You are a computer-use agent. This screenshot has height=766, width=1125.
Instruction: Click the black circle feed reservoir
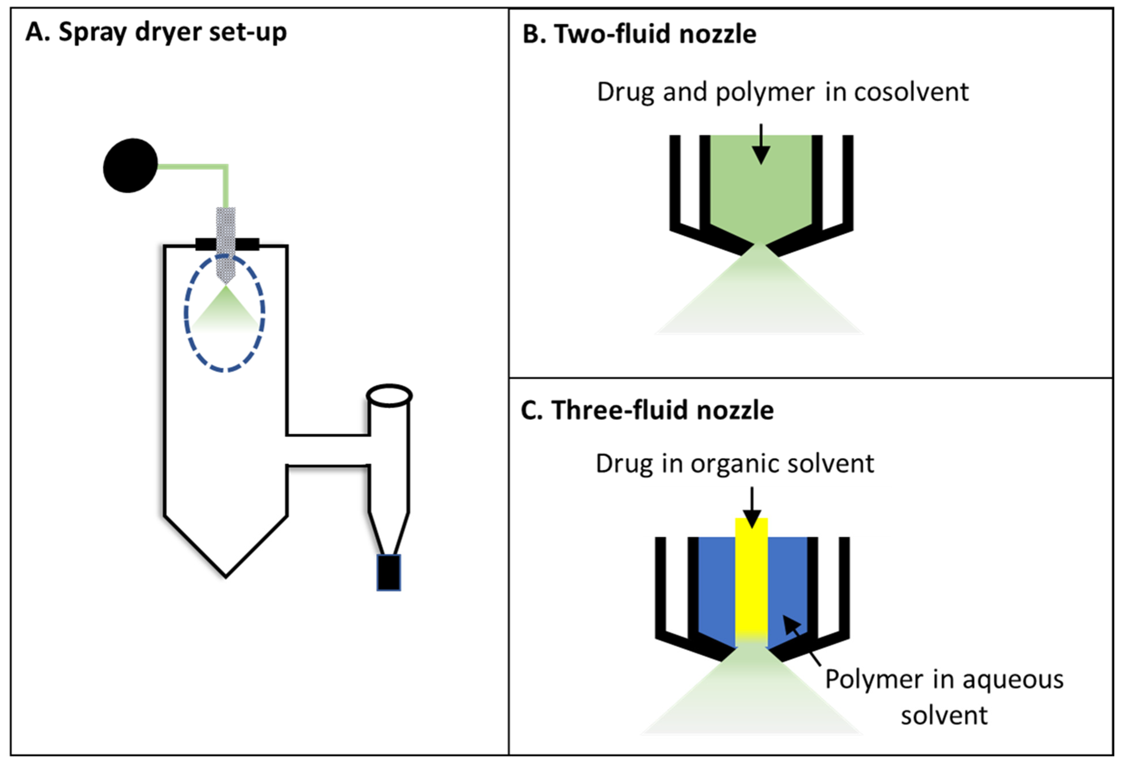point(130,165)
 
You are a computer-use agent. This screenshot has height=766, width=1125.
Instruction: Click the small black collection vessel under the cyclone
point(389,572)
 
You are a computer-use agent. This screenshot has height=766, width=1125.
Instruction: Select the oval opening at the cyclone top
point(389,395)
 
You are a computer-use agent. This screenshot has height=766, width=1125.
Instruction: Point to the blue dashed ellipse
point(185,314)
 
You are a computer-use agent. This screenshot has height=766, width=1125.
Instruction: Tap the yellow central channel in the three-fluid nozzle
point(751,580)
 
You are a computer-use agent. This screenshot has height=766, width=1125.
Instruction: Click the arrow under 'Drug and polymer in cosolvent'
point(761,145)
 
